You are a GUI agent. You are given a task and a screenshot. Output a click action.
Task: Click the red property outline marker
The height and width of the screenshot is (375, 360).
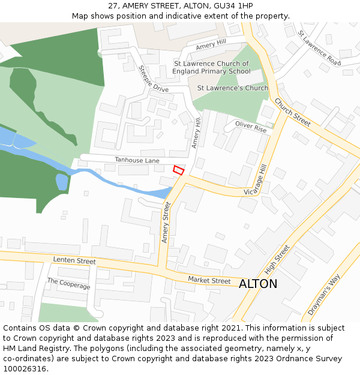(178, 170)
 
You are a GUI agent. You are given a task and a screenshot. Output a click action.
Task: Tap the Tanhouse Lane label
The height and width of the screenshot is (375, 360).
(137, 160)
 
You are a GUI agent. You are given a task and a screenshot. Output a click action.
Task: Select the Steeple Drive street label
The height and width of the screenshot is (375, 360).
(154, 79)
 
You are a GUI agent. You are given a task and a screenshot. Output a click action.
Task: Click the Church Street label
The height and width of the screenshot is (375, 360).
(293, 112)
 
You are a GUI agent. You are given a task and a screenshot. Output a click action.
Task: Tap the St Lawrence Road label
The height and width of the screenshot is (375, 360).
(319, 48)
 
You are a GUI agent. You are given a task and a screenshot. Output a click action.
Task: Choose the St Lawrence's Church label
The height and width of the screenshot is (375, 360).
(233, 88)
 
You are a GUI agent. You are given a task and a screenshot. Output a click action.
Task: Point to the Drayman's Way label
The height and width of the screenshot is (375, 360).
(323, 295)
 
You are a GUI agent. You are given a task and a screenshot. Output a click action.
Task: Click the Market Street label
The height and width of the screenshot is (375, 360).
(209, 280)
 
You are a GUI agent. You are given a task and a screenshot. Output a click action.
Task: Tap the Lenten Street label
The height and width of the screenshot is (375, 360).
(74, 261)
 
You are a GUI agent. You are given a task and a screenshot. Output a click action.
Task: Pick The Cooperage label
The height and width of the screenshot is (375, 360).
(68, 284)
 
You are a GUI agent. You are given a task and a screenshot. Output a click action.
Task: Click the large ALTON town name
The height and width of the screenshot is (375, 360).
(258, 284)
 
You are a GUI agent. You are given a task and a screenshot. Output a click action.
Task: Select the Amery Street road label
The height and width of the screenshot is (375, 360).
(166, 223)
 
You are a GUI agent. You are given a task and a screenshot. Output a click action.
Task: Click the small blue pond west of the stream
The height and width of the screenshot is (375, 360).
(61, 181)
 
